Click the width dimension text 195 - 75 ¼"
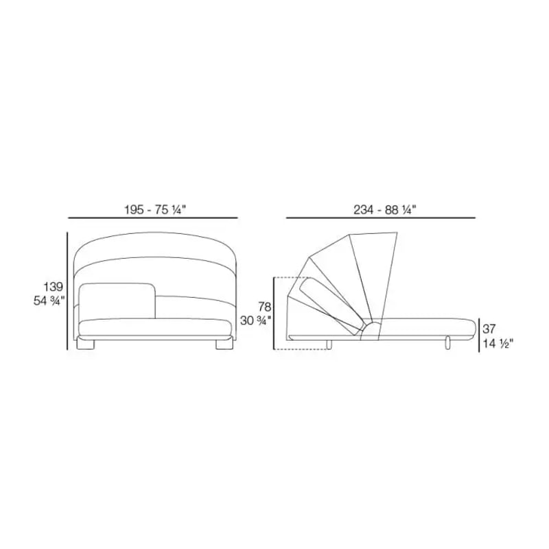coord(155,210)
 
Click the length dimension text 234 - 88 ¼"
coord(385,210)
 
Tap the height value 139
coord(54,287)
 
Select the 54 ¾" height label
coord(49,301)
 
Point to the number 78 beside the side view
coord(265,307)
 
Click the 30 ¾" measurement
coord(255,320)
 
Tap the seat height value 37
coord(489,329)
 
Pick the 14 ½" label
coord(498,344)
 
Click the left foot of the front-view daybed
coord(85,344)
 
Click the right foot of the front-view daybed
coord(224,344)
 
